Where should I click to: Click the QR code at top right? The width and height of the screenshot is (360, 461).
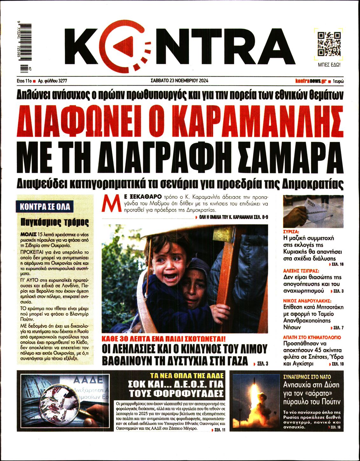(329, 44)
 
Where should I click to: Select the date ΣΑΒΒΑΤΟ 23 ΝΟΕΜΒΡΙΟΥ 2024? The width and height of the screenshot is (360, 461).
(179, 81)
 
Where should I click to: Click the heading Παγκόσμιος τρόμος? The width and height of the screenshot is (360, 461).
(55, 222)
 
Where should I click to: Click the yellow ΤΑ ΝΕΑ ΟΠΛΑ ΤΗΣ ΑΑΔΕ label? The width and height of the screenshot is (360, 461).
(187, 375)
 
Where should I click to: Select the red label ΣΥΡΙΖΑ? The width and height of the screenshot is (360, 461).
(291, 232)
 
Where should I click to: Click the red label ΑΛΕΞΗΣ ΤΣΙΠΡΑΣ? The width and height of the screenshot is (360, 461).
(301, 271)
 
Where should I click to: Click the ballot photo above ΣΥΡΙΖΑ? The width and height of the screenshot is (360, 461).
(313, 211)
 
